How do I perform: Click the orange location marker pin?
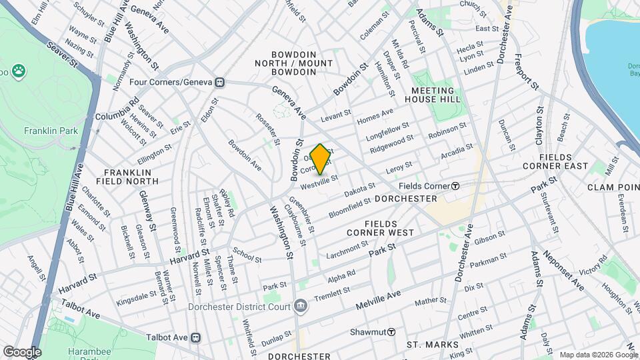[x=320, y=159]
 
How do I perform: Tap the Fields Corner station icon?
[x=455, y=186]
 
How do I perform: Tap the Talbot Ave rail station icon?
[x=196, y=338]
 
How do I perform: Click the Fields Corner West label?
[x=380, y=228]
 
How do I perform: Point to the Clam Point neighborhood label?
[x=613, y=187]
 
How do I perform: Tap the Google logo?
[x=21, y=351]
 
